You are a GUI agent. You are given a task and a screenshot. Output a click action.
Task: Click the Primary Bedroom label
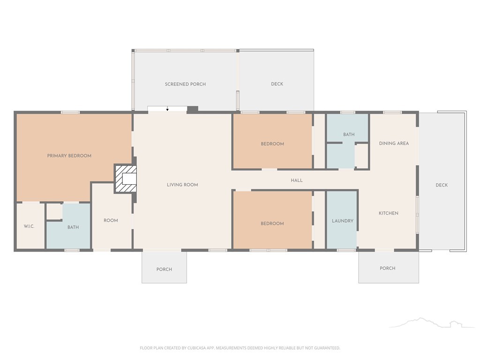(69, 156)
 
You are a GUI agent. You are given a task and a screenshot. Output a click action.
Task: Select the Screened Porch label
(185, 84)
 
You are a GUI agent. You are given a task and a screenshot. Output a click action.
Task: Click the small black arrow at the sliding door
(167, 109)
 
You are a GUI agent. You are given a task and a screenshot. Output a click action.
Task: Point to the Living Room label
(182, 185)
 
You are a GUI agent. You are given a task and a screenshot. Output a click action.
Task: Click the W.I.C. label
(29, 226)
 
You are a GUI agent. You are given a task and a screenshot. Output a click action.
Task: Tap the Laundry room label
(343, 221)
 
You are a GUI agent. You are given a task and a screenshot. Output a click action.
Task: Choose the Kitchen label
(389, 213)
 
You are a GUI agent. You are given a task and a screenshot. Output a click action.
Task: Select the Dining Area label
(394, 143)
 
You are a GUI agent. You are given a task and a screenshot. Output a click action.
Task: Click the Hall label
(297, 180)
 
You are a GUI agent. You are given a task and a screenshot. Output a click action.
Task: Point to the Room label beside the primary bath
(111, 220)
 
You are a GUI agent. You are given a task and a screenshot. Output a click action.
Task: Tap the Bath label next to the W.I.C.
(73, 227)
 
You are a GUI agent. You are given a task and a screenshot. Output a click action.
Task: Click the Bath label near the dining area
(349, 135)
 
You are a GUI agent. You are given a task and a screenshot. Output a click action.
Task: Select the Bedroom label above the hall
(272, 144)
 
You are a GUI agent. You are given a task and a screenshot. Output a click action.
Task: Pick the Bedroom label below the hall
(272, 224)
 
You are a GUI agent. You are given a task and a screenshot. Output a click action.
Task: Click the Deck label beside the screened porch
(277, 84)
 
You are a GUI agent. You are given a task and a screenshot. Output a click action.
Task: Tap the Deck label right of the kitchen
(442, 185)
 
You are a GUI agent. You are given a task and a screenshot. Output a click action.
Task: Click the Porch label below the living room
(164, 270)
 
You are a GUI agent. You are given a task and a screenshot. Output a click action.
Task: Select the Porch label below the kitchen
(388, 268)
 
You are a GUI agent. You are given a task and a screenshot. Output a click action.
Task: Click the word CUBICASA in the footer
(198, 348)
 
